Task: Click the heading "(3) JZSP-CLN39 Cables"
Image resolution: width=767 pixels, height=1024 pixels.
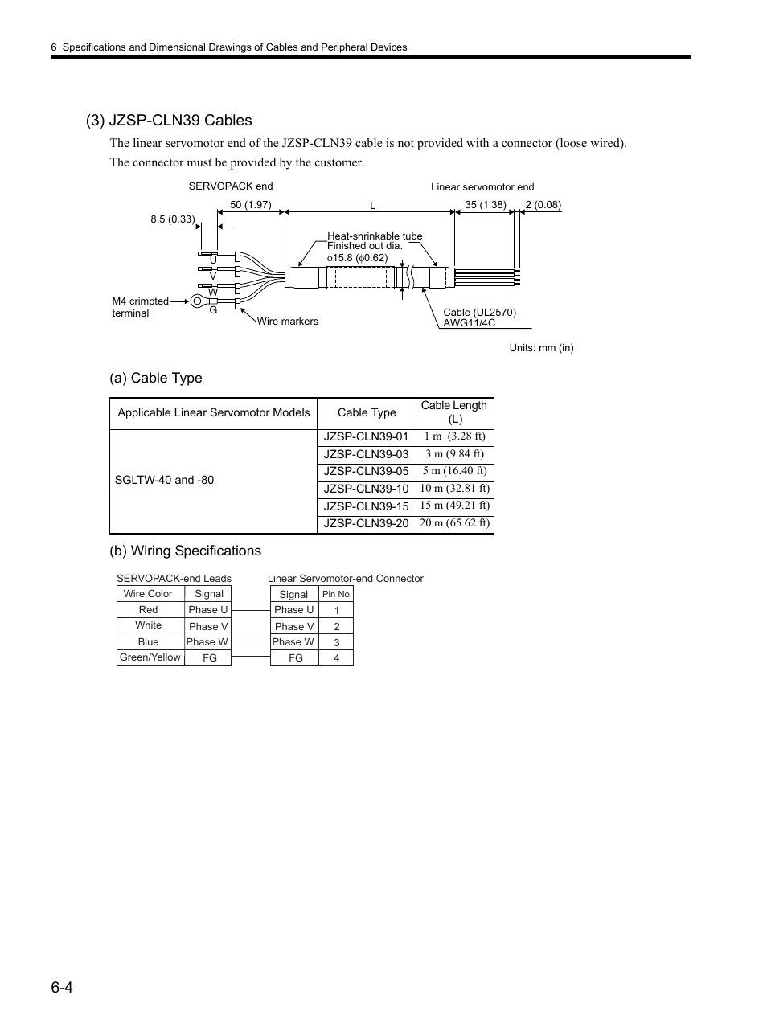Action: click(169, 121)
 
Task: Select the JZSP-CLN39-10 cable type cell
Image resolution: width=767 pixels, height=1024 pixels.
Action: click(366, 489)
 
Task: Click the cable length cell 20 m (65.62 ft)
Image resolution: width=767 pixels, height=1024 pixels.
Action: click(454, 523)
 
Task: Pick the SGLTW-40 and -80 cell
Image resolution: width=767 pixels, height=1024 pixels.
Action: click(165, 480)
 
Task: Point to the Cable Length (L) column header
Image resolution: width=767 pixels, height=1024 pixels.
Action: click(454, 412)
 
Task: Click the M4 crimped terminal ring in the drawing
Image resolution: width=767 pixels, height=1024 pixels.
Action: click(196, 302)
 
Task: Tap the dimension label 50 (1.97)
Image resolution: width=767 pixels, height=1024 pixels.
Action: click(250, 205)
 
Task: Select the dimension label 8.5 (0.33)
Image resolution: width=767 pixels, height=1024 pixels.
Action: click(173, 219)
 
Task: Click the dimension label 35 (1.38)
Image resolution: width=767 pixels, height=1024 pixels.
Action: click(486, 205)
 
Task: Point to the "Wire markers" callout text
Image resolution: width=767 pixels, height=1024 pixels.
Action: click(287, 322)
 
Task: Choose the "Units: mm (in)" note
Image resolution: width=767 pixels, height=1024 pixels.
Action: click(541, 348)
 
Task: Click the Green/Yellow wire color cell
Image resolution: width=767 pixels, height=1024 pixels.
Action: click(150, 657)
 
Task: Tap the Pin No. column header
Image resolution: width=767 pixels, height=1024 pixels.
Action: click(336, 595)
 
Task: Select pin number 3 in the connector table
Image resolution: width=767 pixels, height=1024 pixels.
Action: click(336, 642)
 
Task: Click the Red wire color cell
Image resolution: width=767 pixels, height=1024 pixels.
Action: click(149, 610)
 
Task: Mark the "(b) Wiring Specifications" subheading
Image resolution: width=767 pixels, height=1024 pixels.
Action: click(185, 551)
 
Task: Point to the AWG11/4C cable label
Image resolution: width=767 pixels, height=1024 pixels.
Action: click(469, 323)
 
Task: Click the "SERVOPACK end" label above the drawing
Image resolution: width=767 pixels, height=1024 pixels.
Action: click(231, 186)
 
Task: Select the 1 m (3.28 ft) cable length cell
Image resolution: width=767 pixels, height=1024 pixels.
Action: click(454, 436)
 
